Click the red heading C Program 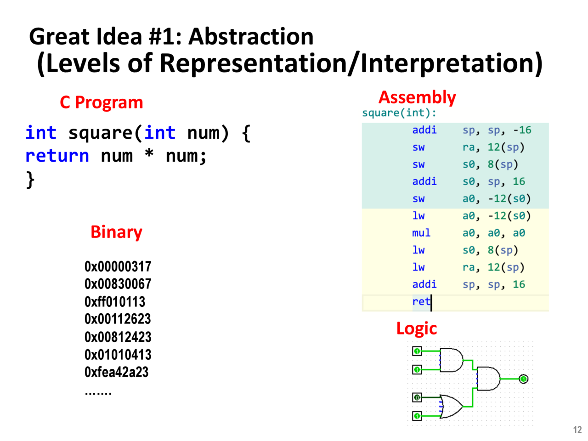[101, 102]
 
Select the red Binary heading [116, 232]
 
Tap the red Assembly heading [417, 97]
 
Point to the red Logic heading [416, 328]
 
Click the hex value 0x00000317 [118, 266]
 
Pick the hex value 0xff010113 [115, 302]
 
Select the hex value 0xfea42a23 [117, 372]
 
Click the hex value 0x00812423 [118, 337]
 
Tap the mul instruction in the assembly [421, 233]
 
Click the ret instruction [421, 301]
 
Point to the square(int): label [399, 113]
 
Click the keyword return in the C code [57, 156]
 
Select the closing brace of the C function [30, 179]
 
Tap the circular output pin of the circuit [523, 379]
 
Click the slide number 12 [577, 430]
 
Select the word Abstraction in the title [251, 37]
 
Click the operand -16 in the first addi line [522, 130]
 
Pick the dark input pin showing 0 [417, 397]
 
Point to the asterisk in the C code [149, 155]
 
